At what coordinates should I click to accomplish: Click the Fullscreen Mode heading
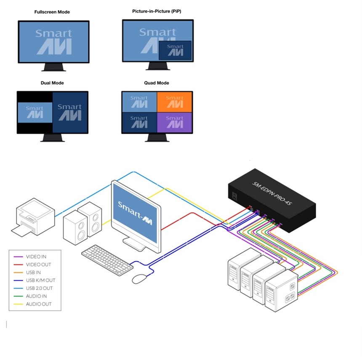(x=52, y=12)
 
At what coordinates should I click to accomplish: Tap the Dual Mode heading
(x=52, y=83)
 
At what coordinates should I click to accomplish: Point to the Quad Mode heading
(x=157, y=83)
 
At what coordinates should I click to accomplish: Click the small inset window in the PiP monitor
(x=175, y=50)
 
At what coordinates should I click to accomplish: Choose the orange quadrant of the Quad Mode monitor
(x=174, y=102)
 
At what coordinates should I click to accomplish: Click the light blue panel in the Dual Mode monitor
(x=35, y=112)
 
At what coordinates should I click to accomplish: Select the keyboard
(x=107, y=259)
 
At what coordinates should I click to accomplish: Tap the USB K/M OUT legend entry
(x=40, y=280)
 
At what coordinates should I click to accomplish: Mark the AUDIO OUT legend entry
(x=39, y=304)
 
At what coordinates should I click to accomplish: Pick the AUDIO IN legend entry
(x=37, y=296)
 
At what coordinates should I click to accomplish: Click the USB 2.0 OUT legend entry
(x=39, y=288)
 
